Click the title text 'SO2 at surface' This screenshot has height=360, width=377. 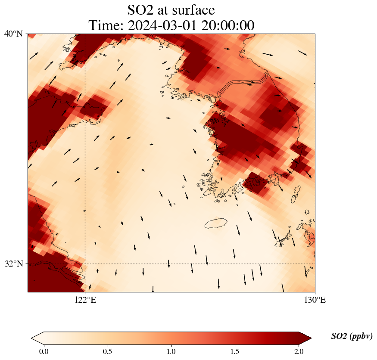tap(171, 9)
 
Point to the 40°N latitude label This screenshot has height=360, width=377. tap(13, 34)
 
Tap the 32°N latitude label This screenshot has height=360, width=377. tap(13, 264)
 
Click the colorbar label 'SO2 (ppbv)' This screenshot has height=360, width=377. tap(352, 336)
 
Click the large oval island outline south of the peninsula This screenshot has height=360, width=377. tap(216, 223)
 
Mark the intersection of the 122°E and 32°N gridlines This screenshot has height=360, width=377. tap(85, 264)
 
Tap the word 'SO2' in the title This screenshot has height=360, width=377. tap(140, 9)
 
